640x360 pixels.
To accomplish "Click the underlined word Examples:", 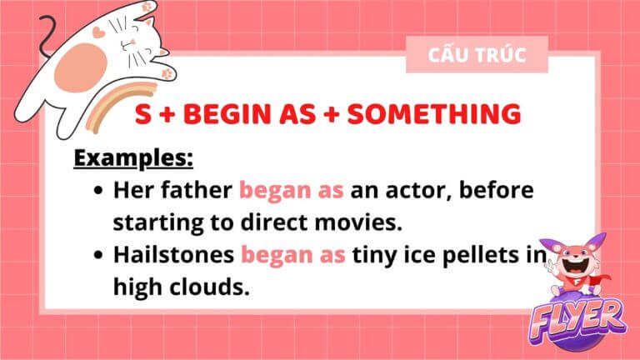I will click(x=133, y=158).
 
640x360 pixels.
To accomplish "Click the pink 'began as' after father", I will click(x=292, y=190).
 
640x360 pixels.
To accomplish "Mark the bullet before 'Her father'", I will click(x=98, y=191).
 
